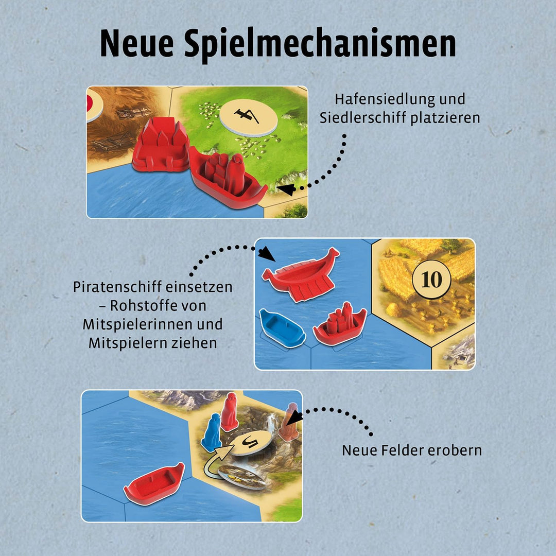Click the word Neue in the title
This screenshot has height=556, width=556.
click(137, 43)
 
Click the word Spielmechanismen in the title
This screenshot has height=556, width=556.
click(320, 45)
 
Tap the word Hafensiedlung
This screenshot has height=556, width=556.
click(385, 99)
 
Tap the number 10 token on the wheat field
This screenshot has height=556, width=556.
click(431, 279)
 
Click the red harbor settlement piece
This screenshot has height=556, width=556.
click(161, 145)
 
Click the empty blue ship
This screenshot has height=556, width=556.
click(282, 328)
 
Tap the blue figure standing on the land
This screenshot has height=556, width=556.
click(212, 432)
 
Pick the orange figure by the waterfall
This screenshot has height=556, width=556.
click(289, 422)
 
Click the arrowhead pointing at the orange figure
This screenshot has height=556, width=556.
click(294, 418)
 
